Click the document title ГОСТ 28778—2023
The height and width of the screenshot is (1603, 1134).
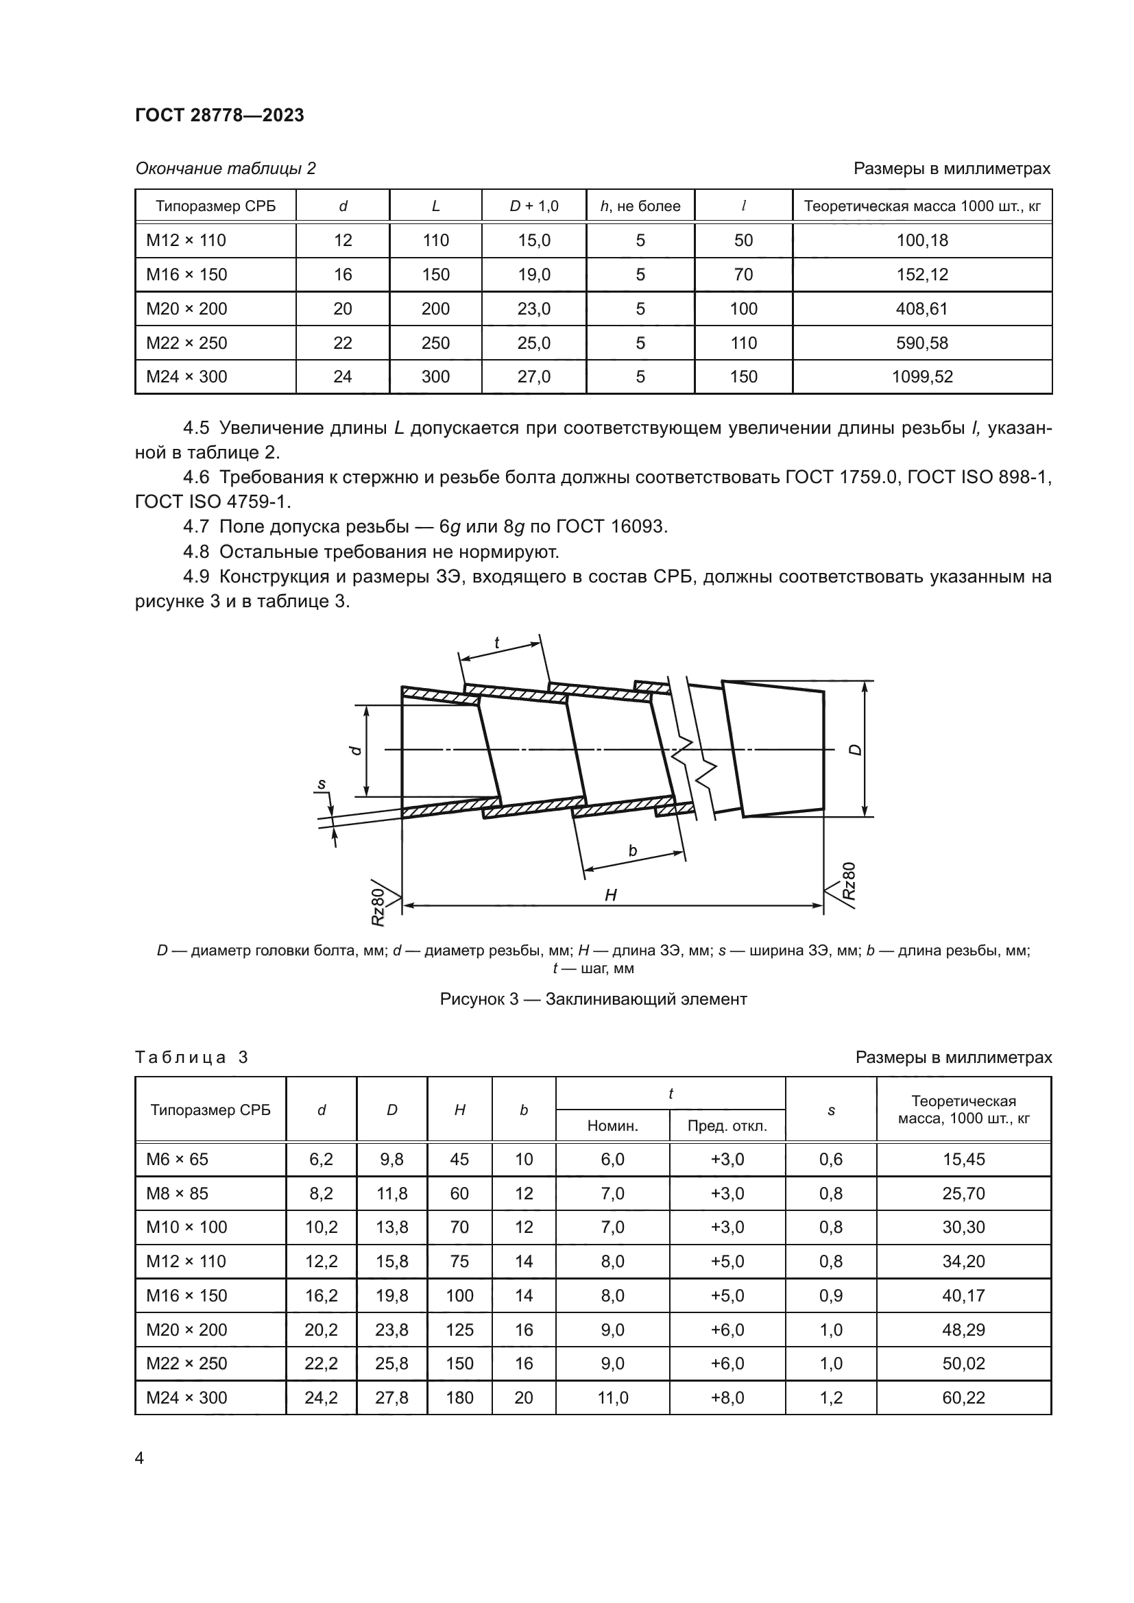coord(219,115)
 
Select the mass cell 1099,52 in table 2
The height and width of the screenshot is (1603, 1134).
coord(921,377)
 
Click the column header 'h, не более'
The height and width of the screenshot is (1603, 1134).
coord(640,206)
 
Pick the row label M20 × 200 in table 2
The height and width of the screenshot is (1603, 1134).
coord(186,308)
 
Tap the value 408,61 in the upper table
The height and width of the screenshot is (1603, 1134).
coord(921,308)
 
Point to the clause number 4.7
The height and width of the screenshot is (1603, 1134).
coord(195,526)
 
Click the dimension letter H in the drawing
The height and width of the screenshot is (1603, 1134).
coord(610,896)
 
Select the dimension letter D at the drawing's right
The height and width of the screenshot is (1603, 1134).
coord(856,750)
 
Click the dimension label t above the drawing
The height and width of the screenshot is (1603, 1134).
coord(496,643)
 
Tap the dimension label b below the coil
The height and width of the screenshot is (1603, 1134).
coord(633,851)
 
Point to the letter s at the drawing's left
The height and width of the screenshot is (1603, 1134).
coord(321,784)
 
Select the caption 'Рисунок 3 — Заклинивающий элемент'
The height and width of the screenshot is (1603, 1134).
coord(593,999)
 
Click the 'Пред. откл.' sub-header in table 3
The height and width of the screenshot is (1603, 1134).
coord(727,1126)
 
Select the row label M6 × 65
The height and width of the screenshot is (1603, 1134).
coord(177,1160)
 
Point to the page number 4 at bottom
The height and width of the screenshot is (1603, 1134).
coord(139,1458)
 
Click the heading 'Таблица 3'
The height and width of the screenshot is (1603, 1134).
coord(191,1057)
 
